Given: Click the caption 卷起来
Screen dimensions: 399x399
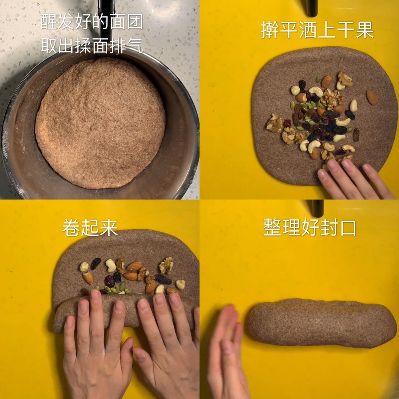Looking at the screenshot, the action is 90,228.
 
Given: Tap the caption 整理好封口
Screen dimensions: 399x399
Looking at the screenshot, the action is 310,227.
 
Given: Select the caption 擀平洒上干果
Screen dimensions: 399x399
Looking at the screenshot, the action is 317,30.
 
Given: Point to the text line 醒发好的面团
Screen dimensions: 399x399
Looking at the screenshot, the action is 92,21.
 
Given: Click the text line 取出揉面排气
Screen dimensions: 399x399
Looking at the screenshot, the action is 92,46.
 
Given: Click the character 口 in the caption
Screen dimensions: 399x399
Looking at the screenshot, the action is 348,228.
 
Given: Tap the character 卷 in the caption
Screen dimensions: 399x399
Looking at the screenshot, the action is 71,228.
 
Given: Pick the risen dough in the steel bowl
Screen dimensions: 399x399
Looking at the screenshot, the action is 100,123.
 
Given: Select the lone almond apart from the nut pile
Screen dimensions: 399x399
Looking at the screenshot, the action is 372,97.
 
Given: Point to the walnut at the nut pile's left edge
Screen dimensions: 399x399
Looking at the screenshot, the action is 274,123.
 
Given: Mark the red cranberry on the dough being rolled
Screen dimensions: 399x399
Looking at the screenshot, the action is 110,281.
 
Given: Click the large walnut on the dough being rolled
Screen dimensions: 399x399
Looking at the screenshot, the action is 166,265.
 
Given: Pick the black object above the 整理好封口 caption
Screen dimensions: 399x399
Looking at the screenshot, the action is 315,208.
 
